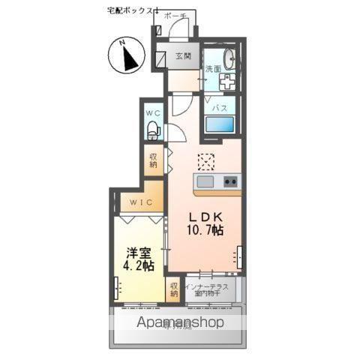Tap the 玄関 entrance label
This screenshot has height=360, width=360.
point(184,56)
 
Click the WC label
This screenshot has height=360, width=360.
point(153,113)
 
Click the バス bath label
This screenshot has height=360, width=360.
point(219,108)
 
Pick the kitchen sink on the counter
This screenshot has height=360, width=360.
point(205,181)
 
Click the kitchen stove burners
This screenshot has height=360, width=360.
point(229,181)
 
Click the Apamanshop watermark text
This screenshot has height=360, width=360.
point(179,323)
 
